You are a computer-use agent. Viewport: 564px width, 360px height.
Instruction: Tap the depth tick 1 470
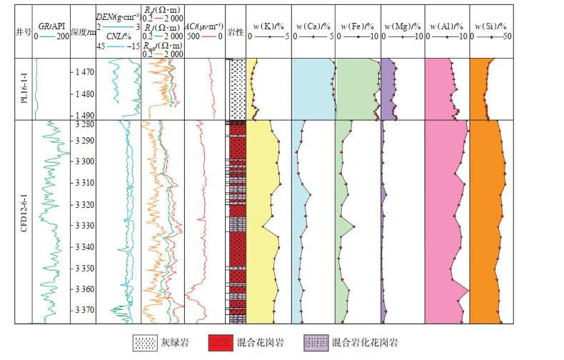coord(84,72)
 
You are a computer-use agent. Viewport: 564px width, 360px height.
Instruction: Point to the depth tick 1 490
coord(84,115)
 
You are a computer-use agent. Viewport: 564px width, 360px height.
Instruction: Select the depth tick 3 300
coord(84,161)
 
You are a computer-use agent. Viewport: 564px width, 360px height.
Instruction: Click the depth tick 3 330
coord(84,226)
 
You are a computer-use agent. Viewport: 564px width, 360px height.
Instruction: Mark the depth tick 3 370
coord(84,310)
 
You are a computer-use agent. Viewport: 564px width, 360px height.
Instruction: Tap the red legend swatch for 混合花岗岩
coord(219,341)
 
